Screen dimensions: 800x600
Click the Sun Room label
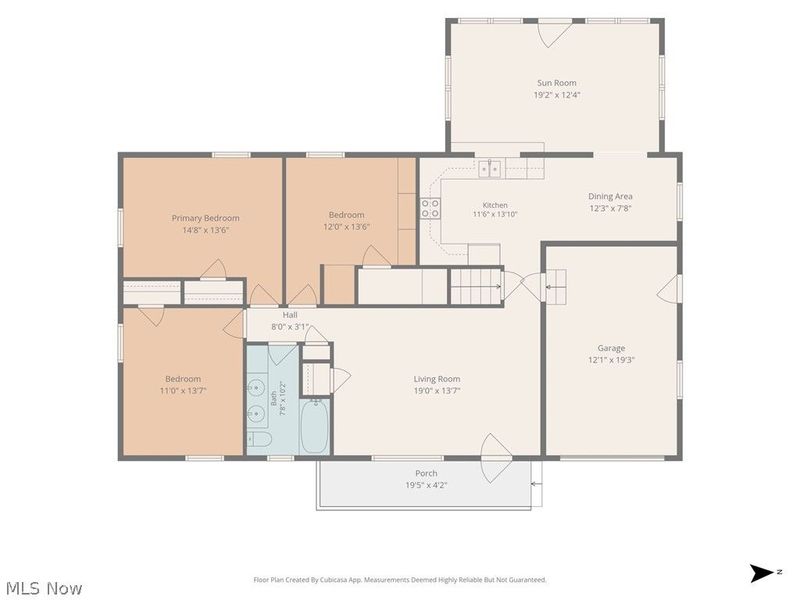click(557, 83)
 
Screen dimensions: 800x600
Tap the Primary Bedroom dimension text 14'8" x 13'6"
click(205, 230)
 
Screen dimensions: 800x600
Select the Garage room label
click(611, 348)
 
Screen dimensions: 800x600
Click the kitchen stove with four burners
click(430, 208)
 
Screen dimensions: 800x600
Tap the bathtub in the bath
click(314, 426)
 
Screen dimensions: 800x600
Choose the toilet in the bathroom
click(260, 439)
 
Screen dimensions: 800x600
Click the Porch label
click(426, 473)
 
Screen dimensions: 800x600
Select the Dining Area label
click(610, 196)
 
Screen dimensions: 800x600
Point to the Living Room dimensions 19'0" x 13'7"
click(437, 391)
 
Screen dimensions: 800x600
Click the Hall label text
click(290, 315)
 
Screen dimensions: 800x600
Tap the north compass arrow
click(762, 573)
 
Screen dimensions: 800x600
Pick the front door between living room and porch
click(496, 458)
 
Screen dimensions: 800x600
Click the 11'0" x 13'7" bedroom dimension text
click(183, 391)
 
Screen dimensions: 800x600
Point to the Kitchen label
click(495, 205)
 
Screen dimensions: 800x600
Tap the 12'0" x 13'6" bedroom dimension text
click(346, 227)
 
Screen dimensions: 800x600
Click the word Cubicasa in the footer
click(334, 580)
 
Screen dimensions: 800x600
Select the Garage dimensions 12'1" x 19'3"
click(611, 360)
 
